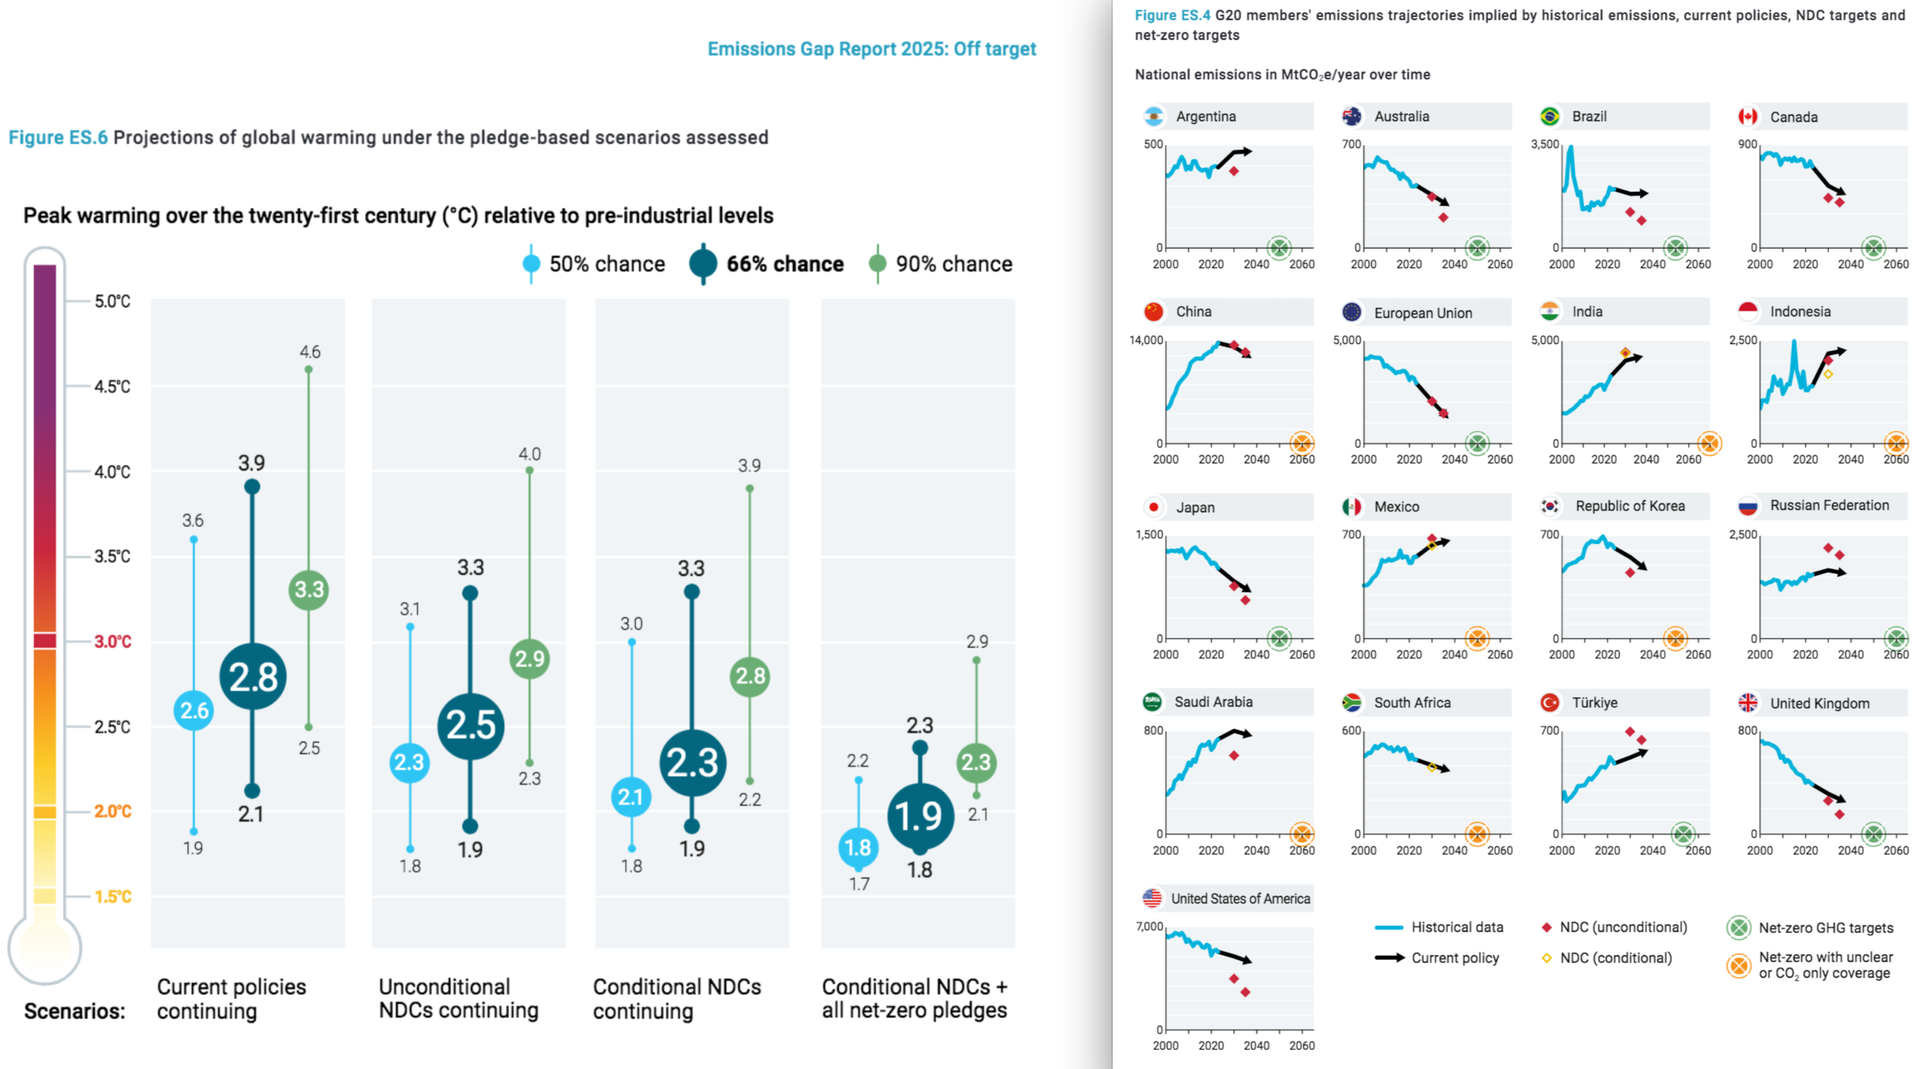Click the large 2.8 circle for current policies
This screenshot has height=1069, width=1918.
pos(253,677)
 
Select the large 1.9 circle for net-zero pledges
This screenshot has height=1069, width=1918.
pos(920,817)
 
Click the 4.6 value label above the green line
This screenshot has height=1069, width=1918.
pos(310,351)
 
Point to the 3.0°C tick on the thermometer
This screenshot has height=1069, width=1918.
pos(113,642)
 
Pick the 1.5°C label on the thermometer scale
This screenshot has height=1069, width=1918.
pos(113,896)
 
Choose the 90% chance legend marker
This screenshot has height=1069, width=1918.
pos(878,264)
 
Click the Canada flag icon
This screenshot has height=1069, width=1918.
pos(1747,117)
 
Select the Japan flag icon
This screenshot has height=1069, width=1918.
pos(1154,508)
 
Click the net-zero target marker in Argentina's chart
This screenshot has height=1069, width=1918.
pos(1279,247)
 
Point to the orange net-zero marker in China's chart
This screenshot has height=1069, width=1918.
pos(1302,443)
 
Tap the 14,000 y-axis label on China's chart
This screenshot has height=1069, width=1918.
pos(1146,340)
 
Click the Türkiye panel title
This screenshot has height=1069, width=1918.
pos(1594,702)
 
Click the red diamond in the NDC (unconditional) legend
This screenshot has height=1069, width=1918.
pos(1547,928)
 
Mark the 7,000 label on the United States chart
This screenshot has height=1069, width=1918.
pos(1149,927)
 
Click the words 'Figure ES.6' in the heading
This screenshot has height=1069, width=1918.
pos(58,138)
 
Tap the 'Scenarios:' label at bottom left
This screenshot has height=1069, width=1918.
pos(75,1011)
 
